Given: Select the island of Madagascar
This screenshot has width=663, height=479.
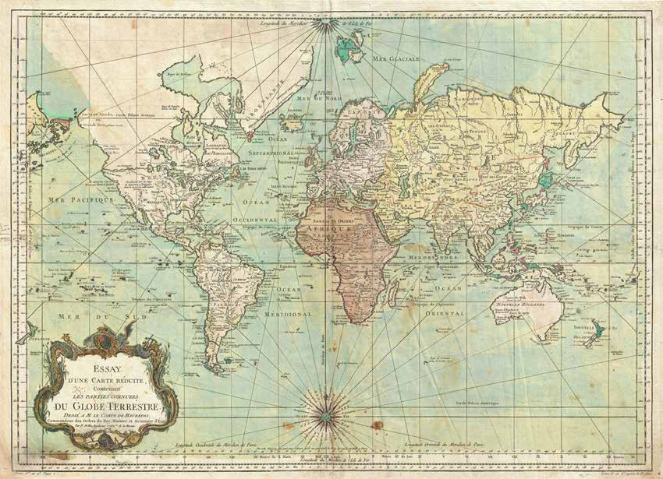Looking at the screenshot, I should coord(402,292).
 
